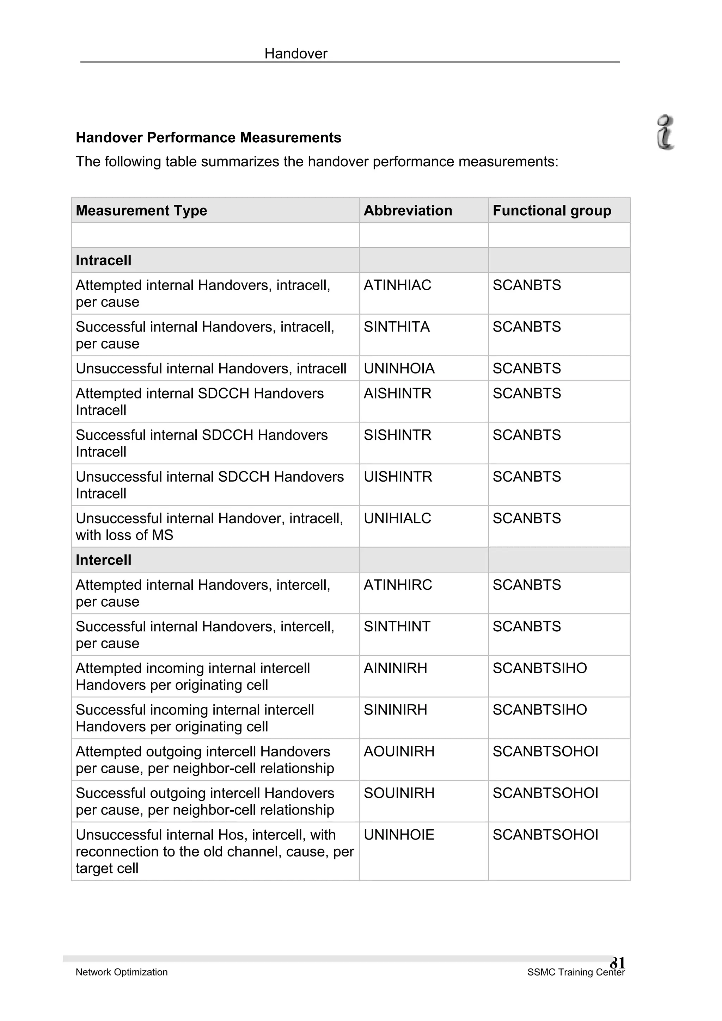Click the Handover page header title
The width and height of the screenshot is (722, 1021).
(x=296, y=54)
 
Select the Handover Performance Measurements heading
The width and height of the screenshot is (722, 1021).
(x=208, y=138)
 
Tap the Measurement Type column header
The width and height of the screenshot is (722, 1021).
(x=141, y=210)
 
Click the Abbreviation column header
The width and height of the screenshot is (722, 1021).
(x=408, y=210)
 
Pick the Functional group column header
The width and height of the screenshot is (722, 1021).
(x=552, y=210)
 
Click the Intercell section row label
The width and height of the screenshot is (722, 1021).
(x=104, y=560)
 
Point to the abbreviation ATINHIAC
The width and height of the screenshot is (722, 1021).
(x=397, y=285)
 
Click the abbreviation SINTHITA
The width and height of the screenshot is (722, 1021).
(x=396, y=327)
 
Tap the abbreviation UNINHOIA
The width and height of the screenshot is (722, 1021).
(x=399, y=368)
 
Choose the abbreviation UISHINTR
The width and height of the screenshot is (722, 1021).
(x=398, y=477)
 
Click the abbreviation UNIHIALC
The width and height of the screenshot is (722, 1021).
(x=397, y=519)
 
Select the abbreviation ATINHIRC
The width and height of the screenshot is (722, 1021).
(x=398, y=585)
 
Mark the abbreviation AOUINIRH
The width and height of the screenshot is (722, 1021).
(x=399, y=751)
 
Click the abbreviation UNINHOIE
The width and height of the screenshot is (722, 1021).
(x=399, y=835)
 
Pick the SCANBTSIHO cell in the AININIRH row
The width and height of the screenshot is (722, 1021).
(x=540, y=668)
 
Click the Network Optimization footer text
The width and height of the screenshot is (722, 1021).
(x=121, y=972)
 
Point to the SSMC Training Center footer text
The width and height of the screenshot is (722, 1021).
(x=576, y=972)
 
